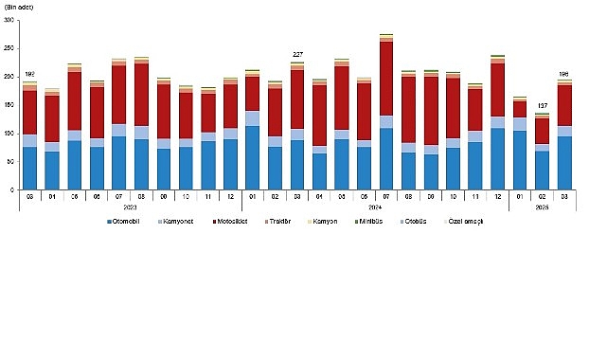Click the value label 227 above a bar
tap(297, 54)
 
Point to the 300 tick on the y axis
tap(9, 20)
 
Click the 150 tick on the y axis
tap(9, 105)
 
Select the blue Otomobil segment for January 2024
tap(253, 157)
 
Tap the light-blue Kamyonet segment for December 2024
tap(498, 122)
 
